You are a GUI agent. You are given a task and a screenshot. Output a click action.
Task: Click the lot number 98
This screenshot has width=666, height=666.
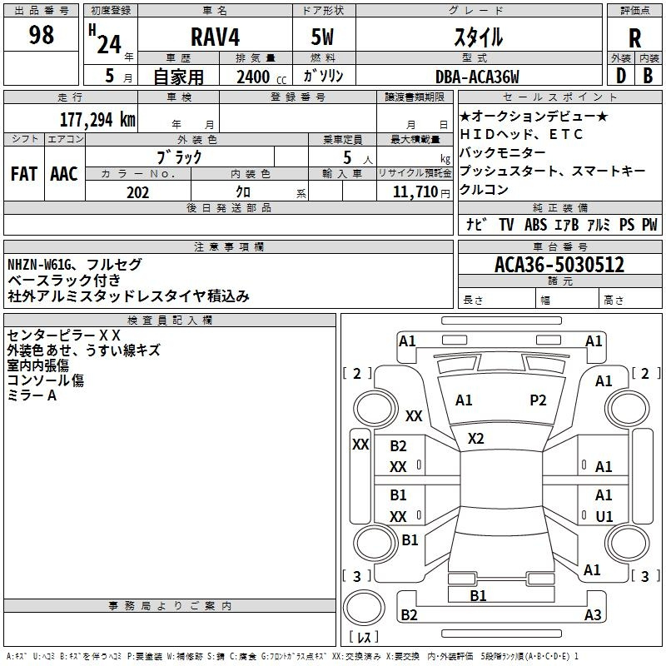coord(41,34)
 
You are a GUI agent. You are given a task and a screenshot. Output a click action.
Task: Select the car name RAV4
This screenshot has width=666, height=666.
coord(215,37)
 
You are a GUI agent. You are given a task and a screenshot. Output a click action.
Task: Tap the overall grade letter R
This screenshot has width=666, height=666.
coord(634,38)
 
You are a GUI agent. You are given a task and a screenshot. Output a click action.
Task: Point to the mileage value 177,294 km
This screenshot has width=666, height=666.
coord(97,120)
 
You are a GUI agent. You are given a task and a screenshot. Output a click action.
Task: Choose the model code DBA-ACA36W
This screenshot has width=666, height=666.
coord(477,77)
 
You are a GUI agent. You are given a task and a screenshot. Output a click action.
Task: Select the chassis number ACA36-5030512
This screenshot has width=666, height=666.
coord(559,264)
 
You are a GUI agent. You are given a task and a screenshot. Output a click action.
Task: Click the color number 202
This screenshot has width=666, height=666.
coord(137,192)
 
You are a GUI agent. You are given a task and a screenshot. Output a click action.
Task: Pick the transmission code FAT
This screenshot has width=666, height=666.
coord(24,174)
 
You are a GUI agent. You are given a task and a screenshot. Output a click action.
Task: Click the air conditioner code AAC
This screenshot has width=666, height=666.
coord(64,174)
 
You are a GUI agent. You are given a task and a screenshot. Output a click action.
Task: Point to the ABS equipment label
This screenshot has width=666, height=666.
coord(535,224)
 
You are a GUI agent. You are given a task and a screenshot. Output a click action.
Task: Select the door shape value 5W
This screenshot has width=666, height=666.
coord(322,37)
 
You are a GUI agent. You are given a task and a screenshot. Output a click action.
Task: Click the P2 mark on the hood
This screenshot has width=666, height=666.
coord(538,400)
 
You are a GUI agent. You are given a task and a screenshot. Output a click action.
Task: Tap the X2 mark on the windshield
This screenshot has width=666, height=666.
coord(475,439)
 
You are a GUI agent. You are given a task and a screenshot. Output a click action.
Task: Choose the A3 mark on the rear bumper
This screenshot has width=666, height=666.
coord(593,614)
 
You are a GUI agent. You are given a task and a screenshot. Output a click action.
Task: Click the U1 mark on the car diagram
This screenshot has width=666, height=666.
coord(604,516)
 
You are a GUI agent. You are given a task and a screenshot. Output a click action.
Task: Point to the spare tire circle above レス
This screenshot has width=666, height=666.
coord(364,608)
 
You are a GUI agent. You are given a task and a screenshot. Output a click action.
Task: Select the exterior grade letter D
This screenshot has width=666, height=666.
coord(621,76)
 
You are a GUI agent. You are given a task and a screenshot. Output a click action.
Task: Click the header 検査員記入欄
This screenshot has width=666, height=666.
coord(170,321)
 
